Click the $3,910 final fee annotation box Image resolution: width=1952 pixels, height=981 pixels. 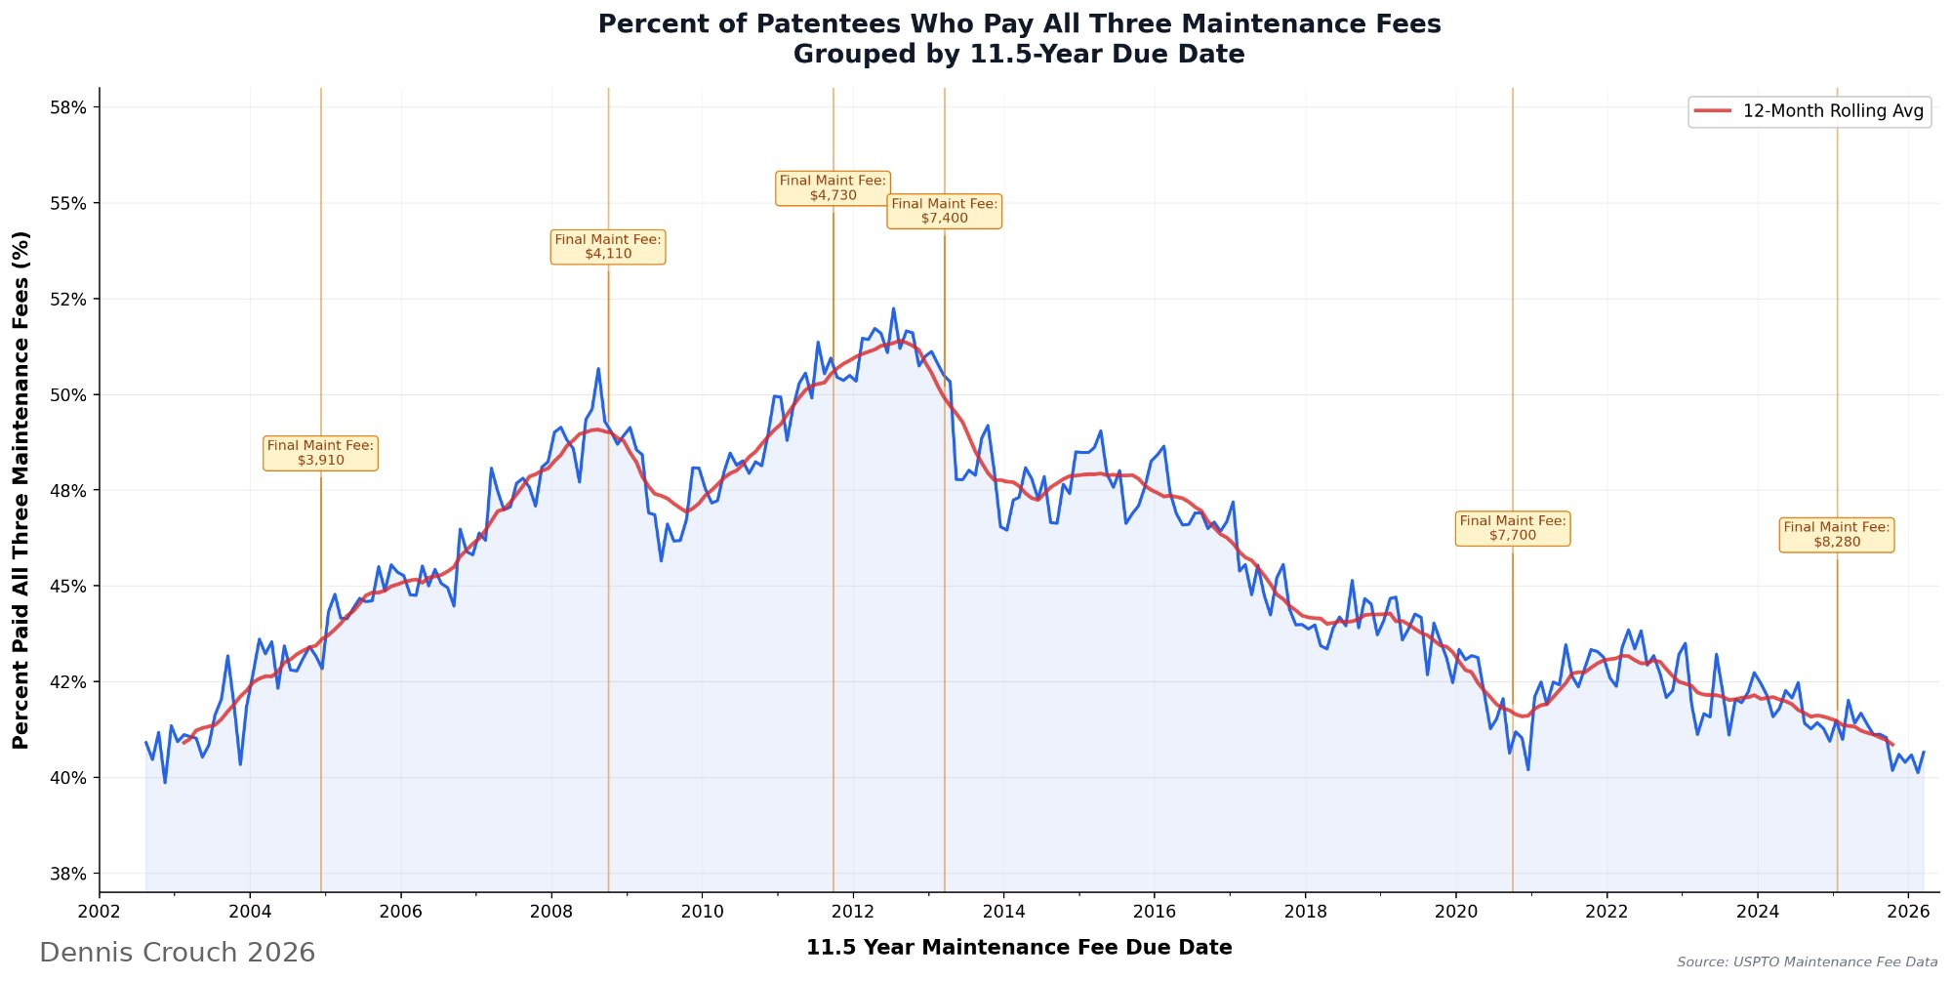pos(320,453)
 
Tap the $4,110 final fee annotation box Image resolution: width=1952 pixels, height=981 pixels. pos(608,247)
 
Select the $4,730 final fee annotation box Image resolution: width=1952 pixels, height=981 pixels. pos(833,187)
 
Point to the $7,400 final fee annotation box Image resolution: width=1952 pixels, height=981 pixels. pos(944,211)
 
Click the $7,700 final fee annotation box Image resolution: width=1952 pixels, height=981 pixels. pos(1513,528)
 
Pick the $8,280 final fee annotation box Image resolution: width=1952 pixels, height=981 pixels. pos(1836,535)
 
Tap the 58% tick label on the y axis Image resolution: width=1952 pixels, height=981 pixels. pos(68,108)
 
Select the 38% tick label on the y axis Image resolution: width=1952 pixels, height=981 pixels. pos(68,874)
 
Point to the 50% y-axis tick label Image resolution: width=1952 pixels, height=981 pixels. pos(68,395)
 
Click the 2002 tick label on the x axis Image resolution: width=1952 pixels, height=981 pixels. pos(100,912)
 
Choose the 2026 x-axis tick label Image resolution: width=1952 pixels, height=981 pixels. pos(1908,912)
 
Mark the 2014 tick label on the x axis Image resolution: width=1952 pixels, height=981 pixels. pos(1003,912)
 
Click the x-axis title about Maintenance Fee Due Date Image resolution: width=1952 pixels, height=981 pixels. pos(1019,948)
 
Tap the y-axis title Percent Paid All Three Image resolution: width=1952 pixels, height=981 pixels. pos(21,490)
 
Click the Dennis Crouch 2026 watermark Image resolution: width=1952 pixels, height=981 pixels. pos(177,953)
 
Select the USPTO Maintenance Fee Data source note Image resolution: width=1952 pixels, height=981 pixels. pos(1807,962)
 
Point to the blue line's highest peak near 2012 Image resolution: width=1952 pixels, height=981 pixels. pos(893,309)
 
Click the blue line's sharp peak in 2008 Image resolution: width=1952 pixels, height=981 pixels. pos(598,369)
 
